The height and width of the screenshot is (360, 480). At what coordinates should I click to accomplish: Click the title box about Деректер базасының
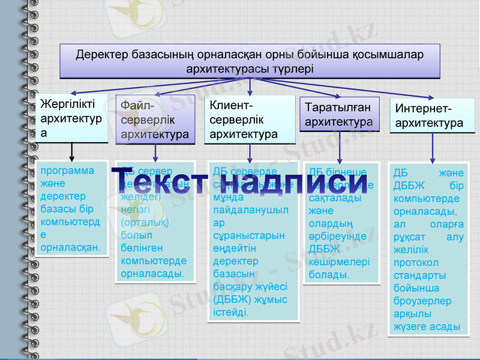coord(250,61)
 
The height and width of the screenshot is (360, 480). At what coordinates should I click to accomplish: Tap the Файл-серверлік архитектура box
coord(155,119)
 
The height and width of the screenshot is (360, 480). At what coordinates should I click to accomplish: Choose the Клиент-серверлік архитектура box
coord(250,119)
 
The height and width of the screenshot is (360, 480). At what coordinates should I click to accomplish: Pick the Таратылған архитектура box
coord(339,114)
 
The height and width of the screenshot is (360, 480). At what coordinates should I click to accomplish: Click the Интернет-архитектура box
coord(432,115)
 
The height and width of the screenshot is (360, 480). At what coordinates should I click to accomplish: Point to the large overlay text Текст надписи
coord(240,181)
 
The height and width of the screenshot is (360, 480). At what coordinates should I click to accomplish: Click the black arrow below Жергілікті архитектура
coord(72,151)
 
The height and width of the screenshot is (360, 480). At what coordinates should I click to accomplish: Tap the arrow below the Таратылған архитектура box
coord(340,147)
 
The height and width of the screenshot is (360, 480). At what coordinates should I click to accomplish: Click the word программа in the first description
coord(64,170)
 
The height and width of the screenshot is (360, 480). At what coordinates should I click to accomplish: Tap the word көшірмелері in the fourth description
coord(339,262)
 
